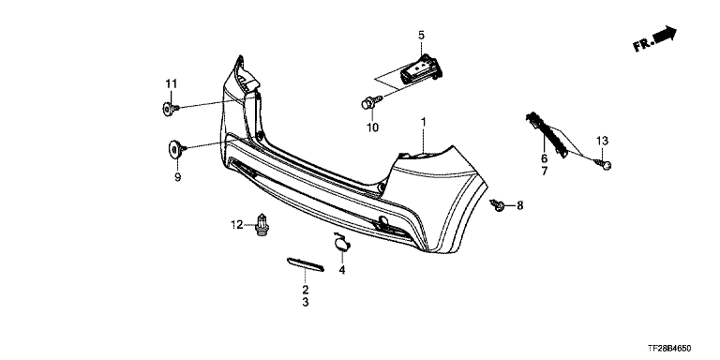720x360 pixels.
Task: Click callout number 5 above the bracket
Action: (x=421, y=35)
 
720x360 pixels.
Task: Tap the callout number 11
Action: (x=172, y=84)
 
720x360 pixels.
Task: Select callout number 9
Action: (x=178, y=177)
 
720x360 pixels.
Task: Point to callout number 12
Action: (x=237, y=225)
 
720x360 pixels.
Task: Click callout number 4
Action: (x=342, y=270)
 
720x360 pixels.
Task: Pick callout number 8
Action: (x=519, y=205)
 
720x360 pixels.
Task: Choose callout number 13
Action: (x=602, y=140)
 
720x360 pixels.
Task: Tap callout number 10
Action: (x=373, y=127)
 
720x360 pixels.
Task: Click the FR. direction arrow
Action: (x=654, y=39)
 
